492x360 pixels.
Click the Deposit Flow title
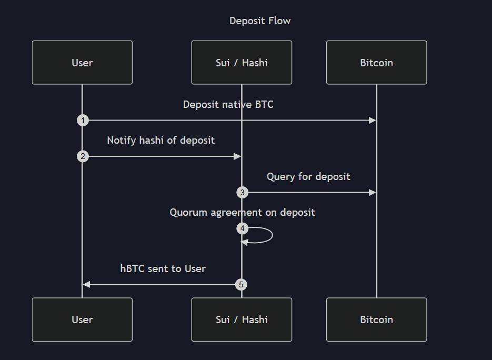tap(260, 21)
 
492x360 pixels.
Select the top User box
tap(82, 63)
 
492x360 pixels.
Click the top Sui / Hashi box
tap(242, 63)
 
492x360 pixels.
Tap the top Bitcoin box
tap(376, 63)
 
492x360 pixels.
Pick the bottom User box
tap(82, 319)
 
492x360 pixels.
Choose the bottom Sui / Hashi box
tap(242, 319)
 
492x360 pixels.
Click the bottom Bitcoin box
tap(376, 319)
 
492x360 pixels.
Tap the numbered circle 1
tap(83, 121)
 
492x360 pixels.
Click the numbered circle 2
tap(83, 156)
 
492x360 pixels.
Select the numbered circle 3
tap(242, 193)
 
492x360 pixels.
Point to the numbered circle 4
tap(242, 228)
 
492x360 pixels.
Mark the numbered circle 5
tap(241, 285)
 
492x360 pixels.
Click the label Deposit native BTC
tap(228, 104)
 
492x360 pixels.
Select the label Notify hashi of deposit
tap(160, 140)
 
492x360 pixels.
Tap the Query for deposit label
tap(308, 176)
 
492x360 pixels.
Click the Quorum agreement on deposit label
tap(242, 212)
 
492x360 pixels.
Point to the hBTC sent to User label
tap(163, 268)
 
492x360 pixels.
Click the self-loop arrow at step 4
tap(271, 235)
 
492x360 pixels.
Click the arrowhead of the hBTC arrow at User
tap(87, 285)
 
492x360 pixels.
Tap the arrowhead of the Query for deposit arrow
tap(373, 193)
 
